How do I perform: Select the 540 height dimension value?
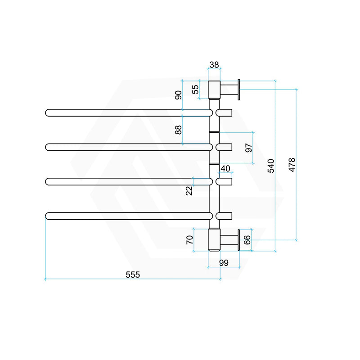pyautogui.click(x=271, y=166)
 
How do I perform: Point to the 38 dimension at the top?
pyautogui.click(x=214, y=65)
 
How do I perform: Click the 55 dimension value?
pyautogui.click(x=195, y=89)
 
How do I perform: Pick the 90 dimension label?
pyautogui.click(x=178, y=95)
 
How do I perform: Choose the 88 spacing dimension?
pyautogui.click(x=178, y=130)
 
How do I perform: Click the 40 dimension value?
pyautogui.click(x=225, y=168)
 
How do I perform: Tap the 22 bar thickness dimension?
pyautogui.click(x=189, y=190)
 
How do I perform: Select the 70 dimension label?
pyautogui.click(x=189, y=239)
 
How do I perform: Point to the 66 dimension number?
pyautogui.click(x=247, y=239)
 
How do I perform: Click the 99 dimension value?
pyautogui.click(x=224, y=263)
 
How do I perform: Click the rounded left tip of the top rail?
pyautogui.click(x=48, y=112)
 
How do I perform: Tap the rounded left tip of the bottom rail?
pyautogui.click(x=49, y=216)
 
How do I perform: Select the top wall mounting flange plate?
pyautogui.click(x=239, y=90)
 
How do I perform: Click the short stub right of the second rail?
pyautogui.click(x=224, y=147)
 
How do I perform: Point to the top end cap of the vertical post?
pyautogui.click(x=214, y=90)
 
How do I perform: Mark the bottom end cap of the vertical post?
pyautogui.click(x=214, y=239)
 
